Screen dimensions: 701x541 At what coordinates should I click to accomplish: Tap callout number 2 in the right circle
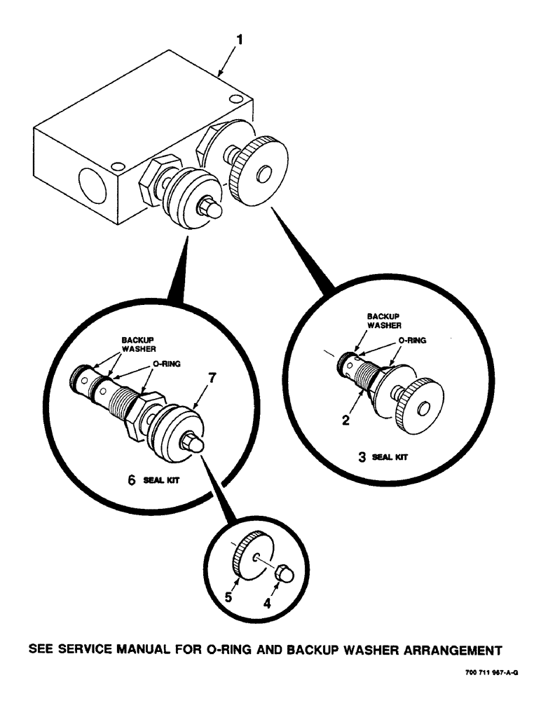[345, 421]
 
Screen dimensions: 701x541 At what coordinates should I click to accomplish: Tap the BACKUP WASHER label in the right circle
[385, 321]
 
